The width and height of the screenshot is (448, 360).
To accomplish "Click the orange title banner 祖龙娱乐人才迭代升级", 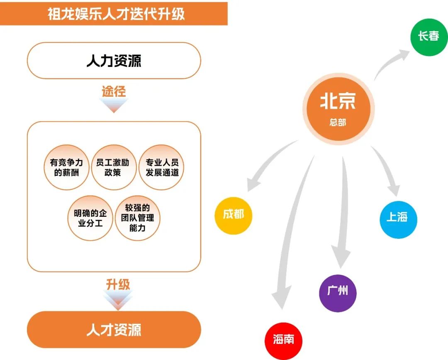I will (x=114, y=13).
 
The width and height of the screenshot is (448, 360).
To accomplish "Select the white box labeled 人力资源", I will (x=114, y=61).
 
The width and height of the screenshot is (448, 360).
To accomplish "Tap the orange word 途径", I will (x=114, y=91).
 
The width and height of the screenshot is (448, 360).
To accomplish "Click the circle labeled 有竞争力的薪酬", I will (x=66, y=167).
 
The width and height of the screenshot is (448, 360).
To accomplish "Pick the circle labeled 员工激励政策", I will (x=113, y=167).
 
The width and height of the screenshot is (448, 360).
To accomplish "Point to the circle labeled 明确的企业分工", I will (x=90, y=218).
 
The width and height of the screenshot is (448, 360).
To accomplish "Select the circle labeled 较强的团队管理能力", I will (x=137, y=218).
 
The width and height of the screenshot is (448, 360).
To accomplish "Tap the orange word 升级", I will (x=118, y=284).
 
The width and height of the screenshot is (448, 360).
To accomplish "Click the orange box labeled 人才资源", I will (x=114, y=330).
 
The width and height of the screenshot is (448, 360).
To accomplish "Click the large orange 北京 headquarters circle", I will (x=338, y=108).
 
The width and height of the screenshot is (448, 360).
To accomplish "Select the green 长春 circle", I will (x=429, y=36).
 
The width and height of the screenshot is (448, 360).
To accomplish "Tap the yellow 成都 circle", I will (x=234, y=215).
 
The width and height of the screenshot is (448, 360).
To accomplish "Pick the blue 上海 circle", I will (x=398, y=216).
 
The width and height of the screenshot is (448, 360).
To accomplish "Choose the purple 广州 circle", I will (x=337, y=291).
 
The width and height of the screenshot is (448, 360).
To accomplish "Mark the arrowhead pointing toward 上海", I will (x=392, y=189).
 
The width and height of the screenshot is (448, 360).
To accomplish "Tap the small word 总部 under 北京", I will (x=338, y=122).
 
